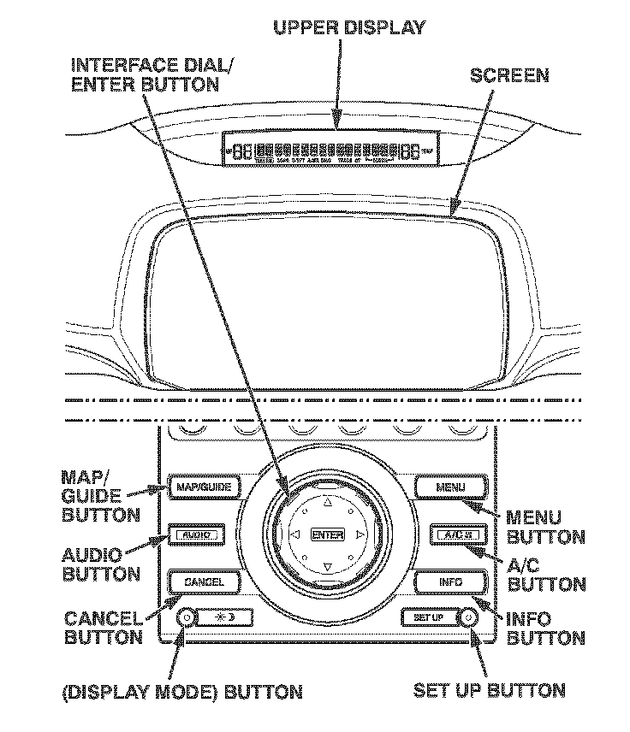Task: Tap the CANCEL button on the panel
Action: click(x=203, y=582)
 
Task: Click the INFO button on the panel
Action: click(x=451, y=582)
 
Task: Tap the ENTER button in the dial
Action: click(x=327, y=535)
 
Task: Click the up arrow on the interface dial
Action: click(x=326, y=503)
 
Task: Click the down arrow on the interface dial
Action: click(x=326, y=566)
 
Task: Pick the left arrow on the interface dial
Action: click(x=294, y=535)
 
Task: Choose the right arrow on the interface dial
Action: click(x=360, y=535)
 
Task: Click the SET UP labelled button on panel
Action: click(x=428, y=617)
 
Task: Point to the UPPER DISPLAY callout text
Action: click(x=348, y=28)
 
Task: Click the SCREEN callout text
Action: click(x=510, y=75)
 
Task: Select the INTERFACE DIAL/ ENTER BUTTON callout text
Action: click(x=145, y=74)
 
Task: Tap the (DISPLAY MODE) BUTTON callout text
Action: click(x=182, y=691)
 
